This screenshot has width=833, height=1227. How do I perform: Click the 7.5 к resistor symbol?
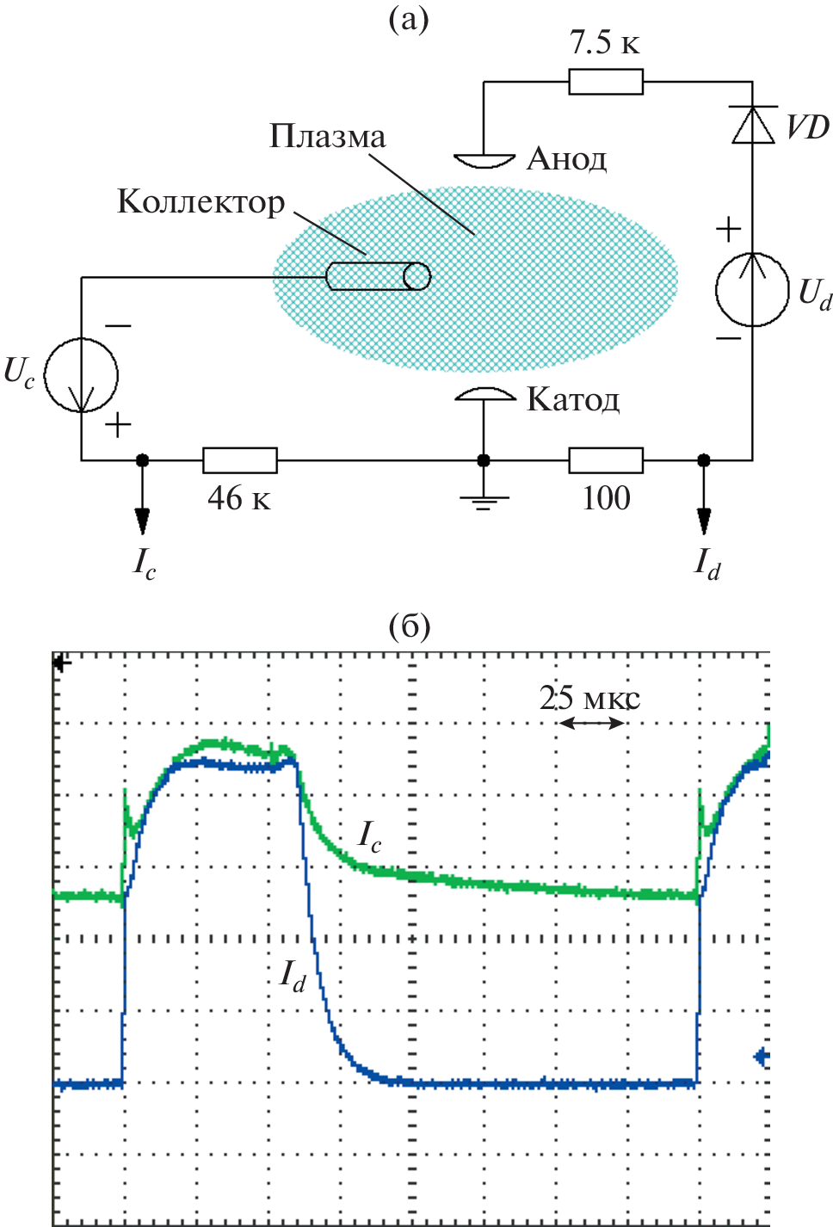(606, 82)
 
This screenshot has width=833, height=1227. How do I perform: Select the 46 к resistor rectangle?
(240, 460)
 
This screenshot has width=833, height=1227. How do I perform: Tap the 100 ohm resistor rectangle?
(606, 460)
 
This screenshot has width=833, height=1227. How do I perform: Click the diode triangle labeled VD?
(753, 125)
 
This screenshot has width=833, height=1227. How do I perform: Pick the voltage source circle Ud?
(752, 289)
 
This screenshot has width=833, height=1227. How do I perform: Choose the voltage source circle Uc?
(82, 375)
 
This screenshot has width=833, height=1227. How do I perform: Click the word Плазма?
(327, 137)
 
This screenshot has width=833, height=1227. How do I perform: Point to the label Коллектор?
(201, 202)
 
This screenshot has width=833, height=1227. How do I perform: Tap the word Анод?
(567, 159)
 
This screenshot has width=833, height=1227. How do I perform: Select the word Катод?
(573, 400)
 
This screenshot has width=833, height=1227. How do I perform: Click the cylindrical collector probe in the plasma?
(379, 276)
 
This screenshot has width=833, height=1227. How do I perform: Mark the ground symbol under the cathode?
(484, 500)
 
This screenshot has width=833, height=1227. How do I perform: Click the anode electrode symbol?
(484, 160)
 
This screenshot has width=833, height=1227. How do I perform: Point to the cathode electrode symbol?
(484, 395)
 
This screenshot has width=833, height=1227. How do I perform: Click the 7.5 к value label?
(605, 42)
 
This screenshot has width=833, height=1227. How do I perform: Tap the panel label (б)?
(410, 626)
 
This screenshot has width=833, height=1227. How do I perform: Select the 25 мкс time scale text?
(589, 698)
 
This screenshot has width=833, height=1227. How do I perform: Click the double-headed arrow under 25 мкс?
(592, 724)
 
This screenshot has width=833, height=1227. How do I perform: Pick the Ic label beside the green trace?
(369, 835)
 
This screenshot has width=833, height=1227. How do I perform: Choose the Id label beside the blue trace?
(293, 975)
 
